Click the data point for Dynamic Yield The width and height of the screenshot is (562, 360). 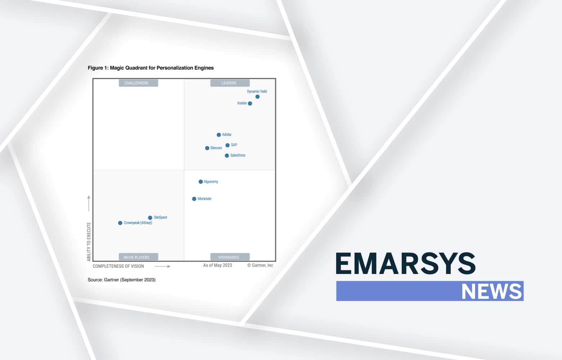pos(258,97)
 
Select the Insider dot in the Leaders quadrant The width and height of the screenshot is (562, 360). pos(250,103)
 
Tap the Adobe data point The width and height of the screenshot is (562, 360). pos(219,135)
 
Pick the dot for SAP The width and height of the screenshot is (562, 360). pos(228,145)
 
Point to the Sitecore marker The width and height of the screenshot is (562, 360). pos(207,148)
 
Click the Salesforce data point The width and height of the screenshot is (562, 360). pos(227,156)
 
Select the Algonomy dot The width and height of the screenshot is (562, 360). pos(201,182)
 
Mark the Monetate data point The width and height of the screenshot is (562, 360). pos(194,199)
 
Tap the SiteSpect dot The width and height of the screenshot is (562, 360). pos(150,217)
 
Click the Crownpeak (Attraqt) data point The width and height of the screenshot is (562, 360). pos(120,223)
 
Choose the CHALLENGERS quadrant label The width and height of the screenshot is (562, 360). pos(138,83)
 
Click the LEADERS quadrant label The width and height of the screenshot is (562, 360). pos(230,83)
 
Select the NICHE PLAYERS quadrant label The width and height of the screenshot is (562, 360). pos(138,257)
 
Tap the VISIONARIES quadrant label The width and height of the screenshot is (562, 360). pos(230,257)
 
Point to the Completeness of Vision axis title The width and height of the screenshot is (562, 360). pos(119,266)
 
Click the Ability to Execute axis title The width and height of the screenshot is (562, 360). pos(89,242)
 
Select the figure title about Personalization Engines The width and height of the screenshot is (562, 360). pos(151,68)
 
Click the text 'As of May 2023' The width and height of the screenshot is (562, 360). pos(218,265)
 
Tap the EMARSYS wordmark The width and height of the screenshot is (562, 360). pos(405,264)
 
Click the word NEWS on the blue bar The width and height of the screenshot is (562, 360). pos(492,291)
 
